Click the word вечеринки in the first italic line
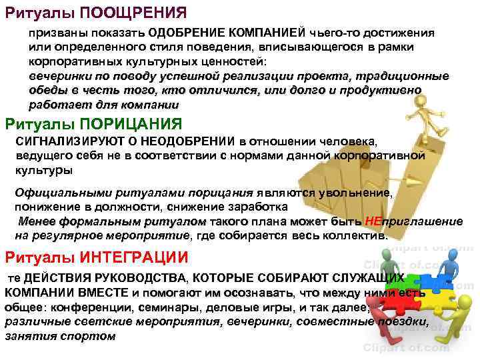(56, 77)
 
